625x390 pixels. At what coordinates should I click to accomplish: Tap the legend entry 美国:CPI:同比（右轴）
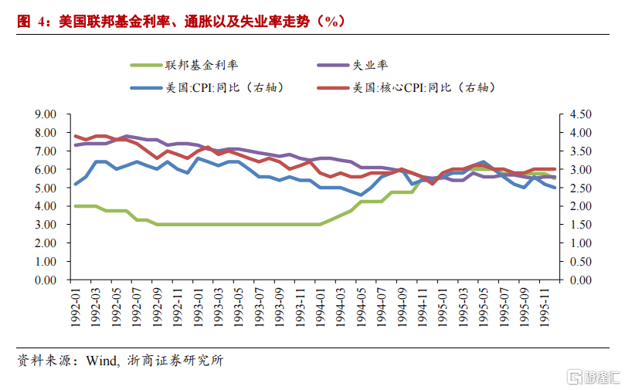point(225,87)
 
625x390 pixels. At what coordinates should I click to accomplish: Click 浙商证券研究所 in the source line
point(174,361)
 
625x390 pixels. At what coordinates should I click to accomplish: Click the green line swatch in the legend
point(145,66)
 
